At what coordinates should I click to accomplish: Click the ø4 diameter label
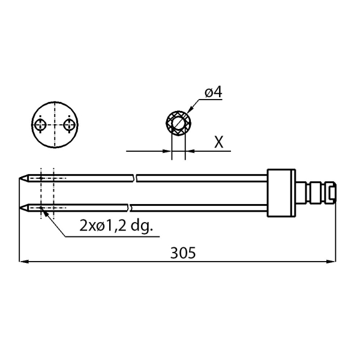[x=213, y=92]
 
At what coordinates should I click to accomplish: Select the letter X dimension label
[x=218, y=142]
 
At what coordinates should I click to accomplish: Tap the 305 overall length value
[x=183, y=253]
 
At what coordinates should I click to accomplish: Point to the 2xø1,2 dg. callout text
[x=116, y=226]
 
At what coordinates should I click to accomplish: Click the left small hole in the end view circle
[x=41, y=125]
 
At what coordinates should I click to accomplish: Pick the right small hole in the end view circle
[x=70, y=125]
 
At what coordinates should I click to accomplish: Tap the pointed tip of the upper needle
[x=19, y=178]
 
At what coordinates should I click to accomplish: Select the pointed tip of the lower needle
[x=19, y=208]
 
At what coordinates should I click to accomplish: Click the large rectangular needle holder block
[x=281, y=193]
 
